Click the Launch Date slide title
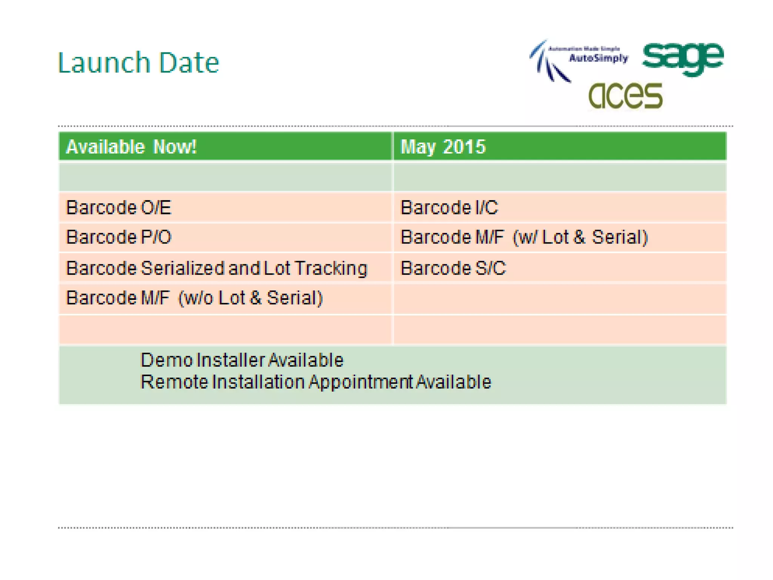138,63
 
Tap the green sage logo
683,58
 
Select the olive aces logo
625,96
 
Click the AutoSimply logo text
598,58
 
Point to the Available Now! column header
131,147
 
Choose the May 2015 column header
443,147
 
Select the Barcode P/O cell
119,237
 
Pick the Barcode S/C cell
453,268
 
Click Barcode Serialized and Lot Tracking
217,268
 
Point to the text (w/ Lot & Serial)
580,237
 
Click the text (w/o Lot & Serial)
251,298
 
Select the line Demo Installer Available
242,360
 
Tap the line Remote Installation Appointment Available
316,382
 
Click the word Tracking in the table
331,268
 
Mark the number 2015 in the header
464,147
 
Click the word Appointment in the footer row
360,382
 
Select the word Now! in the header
175,147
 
